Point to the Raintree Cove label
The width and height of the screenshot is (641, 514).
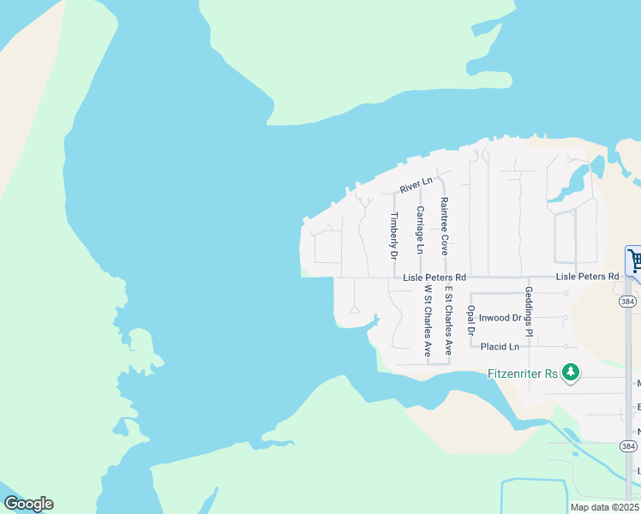(444, 226)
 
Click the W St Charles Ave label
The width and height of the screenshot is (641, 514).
(426, 321)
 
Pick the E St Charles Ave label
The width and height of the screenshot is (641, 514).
(447, 321)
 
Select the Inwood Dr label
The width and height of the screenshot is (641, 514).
(500, 318)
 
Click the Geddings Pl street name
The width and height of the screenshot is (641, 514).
(529, 311)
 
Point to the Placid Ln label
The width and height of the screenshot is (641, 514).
(500, 347)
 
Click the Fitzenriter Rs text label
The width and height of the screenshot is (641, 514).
(523, 373)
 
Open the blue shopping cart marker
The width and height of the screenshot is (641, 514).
(635, 260)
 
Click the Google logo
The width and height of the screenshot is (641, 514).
(28, 504)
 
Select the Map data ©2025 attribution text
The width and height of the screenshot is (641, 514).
(604, 507)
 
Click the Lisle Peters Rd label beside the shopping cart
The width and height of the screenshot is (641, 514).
(587, 277)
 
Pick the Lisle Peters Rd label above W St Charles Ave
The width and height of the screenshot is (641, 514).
(434, 278)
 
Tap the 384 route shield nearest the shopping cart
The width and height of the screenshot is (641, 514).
(628, 302)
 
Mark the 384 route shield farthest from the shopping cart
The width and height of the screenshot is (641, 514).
(628, 446)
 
